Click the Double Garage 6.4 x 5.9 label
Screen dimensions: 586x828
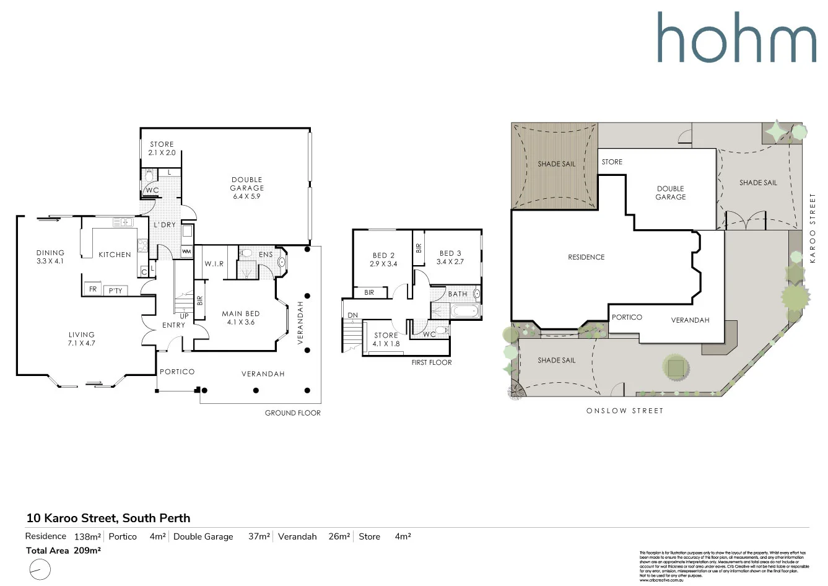coord(246,188)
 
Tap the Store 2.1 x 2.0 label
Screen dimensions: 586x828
coord(162,148)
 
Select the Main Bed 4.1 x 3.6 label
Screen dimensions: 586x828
coord(241,318)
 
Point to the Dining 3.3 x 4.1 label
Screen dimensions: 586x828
coord(50,256)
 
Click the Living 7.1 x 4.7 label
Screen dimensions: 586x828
coord(82,338)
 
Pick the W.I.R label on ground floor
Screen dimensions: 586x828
coord(214,264)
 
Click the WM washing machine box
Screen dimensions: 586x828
coord(186,251)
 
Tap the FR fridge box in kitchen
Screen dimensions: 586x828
coord(93,289)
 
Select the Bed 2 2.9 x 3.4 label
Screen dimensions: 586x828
coord(383,259)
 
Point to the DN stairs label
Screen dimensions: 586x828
coord(352,315)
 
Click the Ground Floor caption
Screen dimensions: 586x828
coord(292,413)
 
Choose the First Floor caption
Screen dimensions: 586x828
coord(432,362)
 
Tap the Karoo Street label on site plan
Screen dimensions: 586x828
coord(813,227)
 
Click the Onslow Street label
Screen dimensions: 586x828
coord(624,411)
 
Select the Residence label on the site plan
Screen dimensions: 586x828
coord(586,257)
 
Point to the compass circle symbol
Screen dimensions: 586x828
coord(40,569)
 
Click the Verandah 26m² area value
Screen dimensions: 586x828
coord(339,536)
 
